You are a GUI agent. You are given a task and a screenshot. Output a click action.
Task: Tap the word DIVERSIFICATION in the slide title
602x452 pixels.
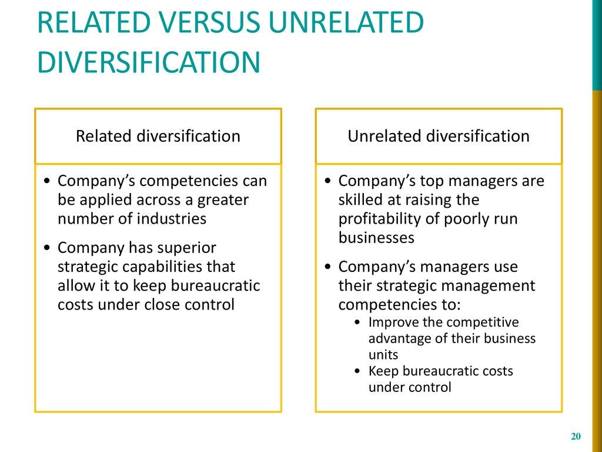coord(149,62)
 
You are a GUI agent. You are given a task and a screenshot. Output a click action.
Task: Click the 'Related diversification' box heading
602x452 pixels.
coord(158,136)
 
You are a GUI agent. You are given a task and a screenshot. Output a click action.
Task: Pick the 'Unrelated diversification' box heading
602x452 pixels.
coord(439,136)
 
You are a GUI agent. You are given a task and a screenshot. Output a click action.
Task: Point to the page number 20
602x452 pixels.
coord(576,436)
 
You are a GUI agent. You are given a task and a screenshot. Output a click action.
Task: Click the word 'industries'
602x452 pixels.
coord(171,218)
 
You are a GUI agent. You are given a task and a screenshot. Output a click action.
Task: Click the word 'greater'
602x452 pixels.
coord(223,201)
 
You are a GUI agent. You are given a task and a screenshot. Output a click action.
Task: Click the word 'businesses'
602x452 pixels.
coord(376,238)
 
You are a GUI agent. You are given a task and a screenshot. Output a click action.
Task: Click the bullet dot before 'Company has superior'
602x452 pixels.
coord(47,248)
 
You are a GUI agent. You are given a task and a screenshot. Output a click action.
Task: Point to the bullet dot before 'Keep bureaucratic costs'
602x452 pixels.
coord(358,371)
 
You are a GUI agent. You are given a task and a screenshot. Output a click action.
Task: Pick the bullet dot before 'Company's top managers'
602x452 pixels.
coord(327,181)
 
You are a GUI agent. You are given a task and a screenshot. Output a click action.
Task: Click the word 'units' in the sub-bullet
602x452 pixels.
coord(383,355)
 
